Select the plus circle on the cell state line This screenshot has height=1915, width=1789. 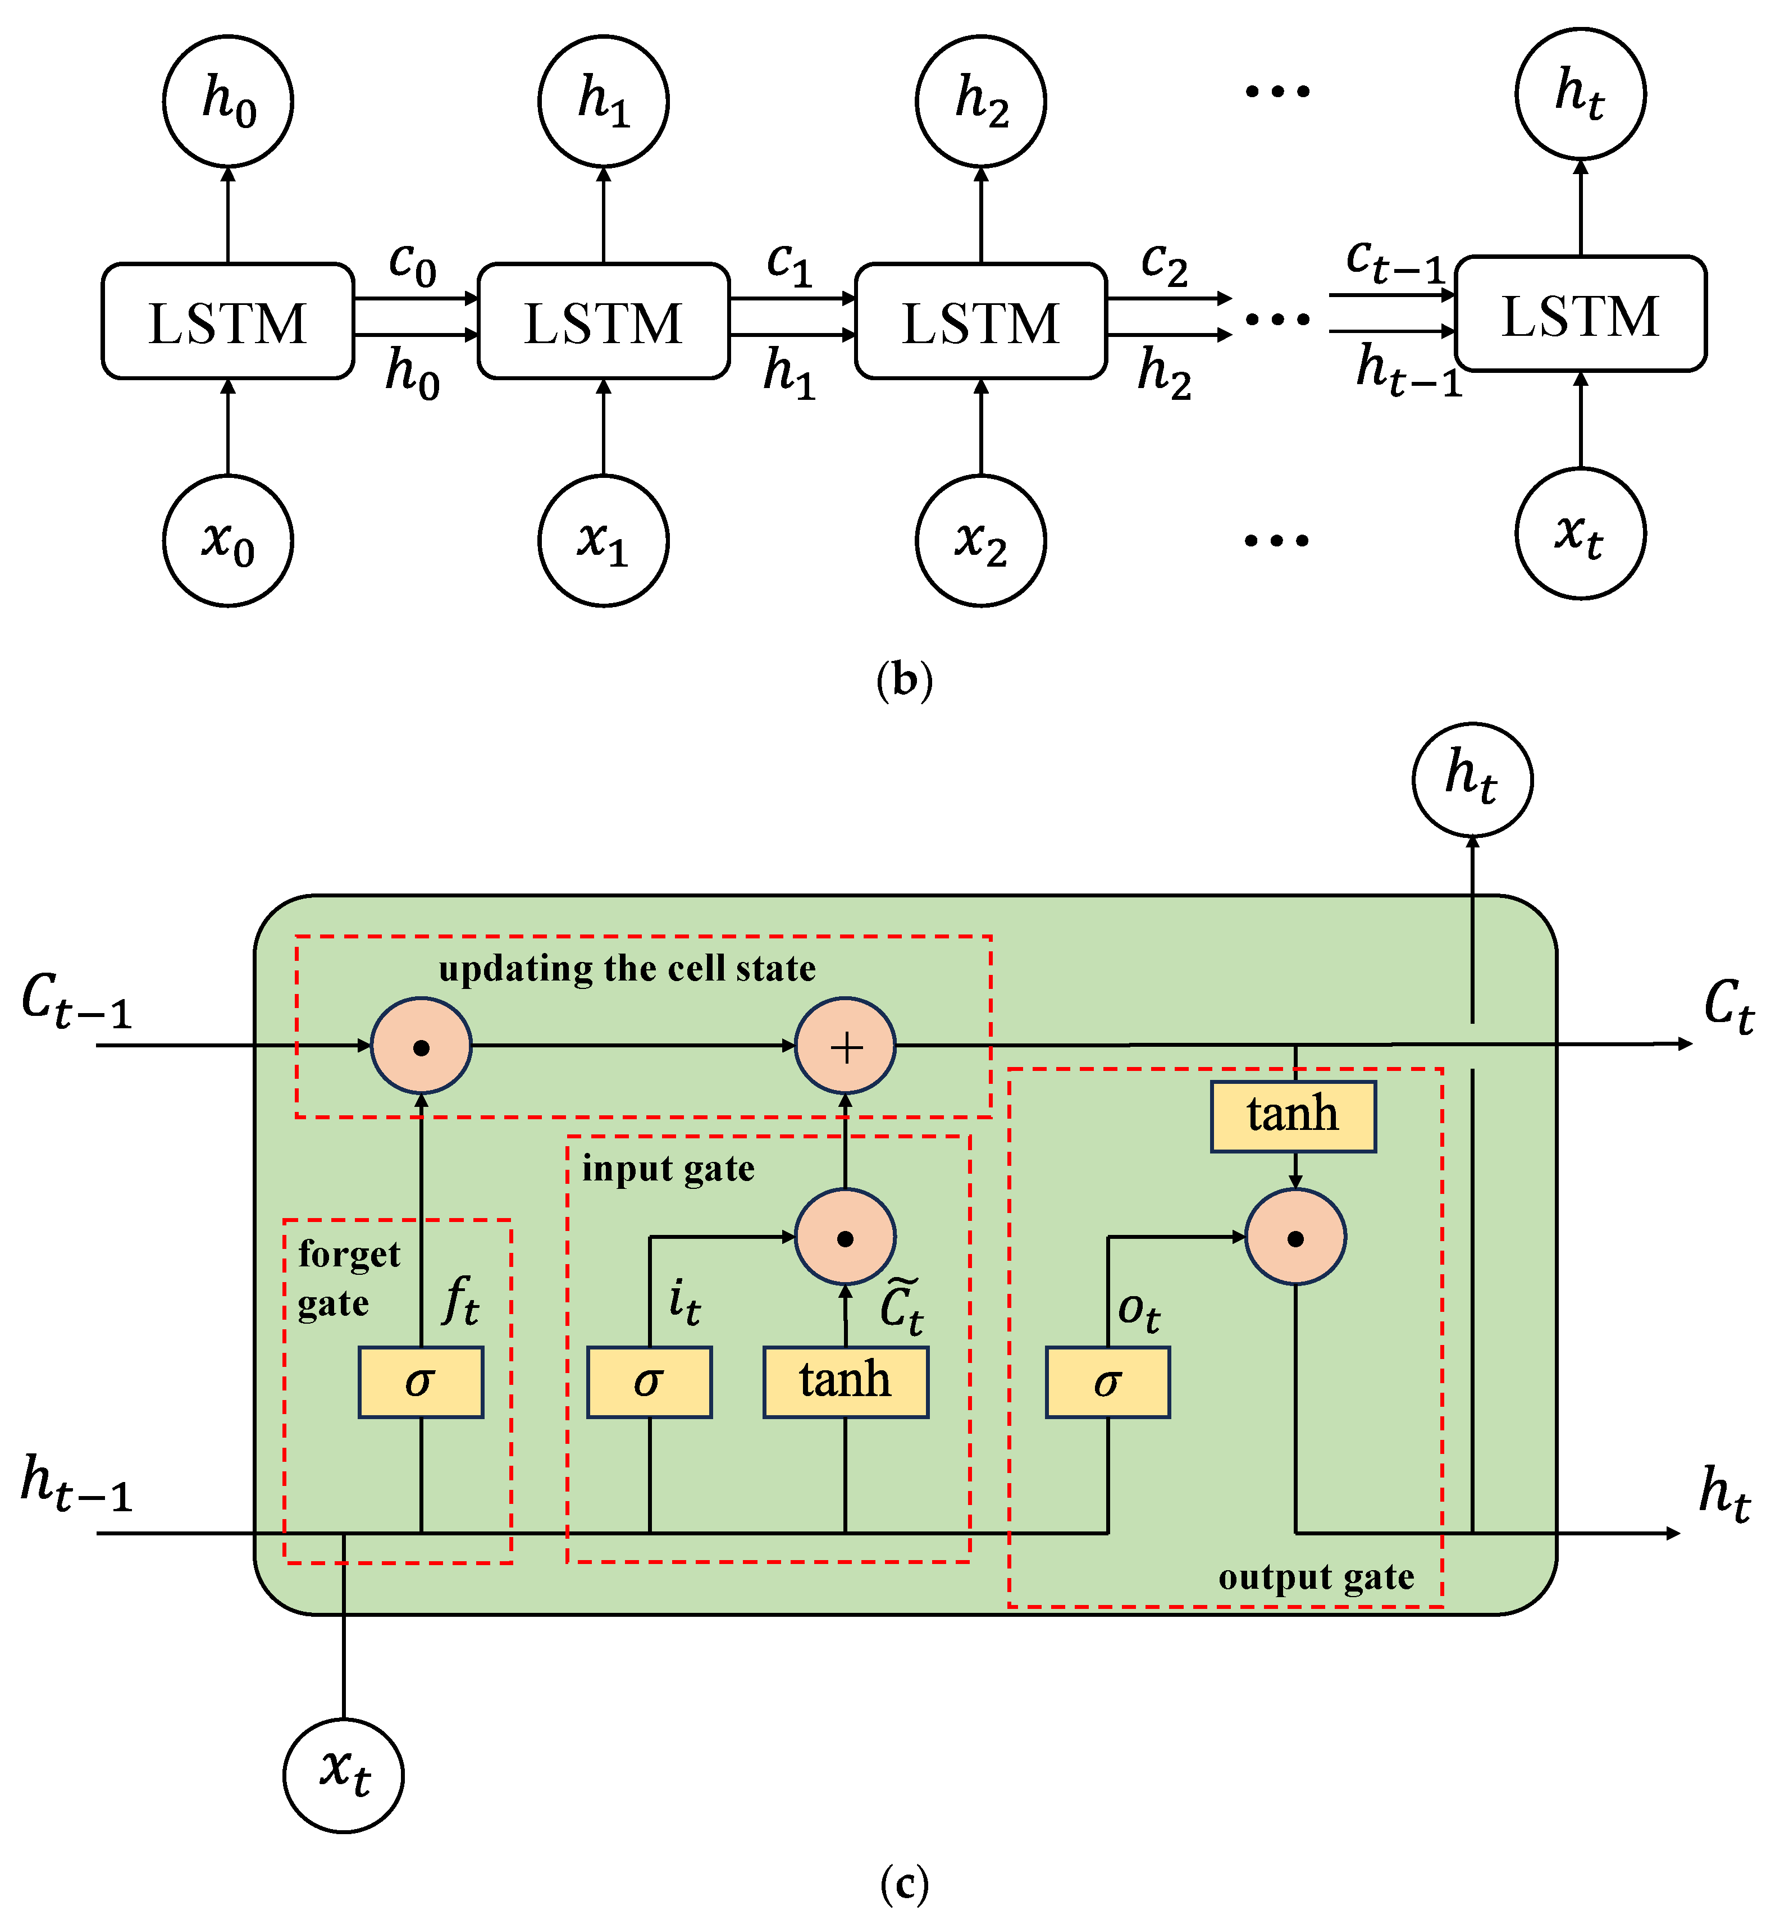pyautogui.click(x=845, y=1046)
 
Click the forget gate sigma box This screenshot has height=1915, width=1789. pyautogui.click(x=420, y=1382)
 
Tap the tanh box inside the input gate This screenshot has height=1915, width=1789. pyautogui.click(x=845, y=1382)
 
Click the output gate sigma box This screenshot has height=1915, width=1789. pyautogui.click(x=1107, y=1382)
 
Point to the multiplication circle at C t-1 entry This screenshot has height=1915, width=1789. pyautogui.click(x=421, y=1046)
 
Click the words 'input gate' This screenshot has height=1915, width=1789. pyautogui.click(x=668, y=1169)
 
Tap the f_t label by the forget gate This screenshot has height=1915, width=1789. pyautogui.click(x=460, y=1301)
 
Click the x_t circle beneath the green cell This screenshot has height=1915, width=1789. pyautogui.click(x=343, y=1775)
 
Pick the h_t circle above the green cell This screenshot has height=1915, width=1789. pyautogui.click(x=1471, y=779)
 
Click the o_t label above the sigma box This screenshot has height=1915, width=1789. pyautogui.click(x=1138, y=1312)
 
